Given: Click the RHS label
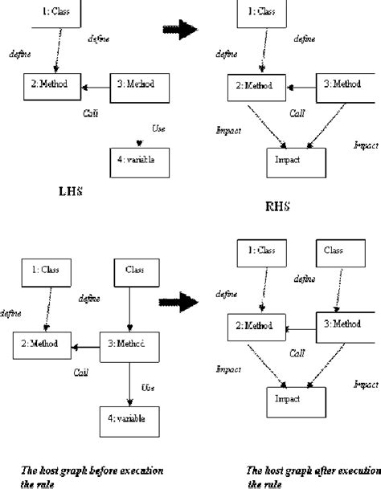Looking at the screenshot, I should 277,206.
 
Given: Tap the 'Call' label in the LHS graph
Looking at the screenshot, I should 92,113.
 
